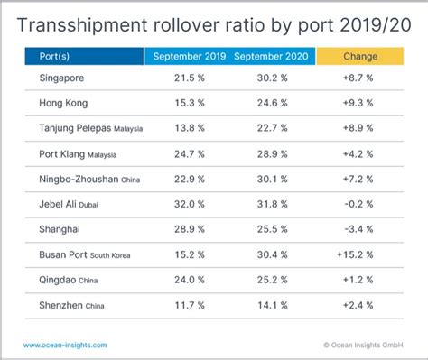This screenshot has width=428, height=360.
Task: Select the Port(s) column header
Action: tap(53, 57)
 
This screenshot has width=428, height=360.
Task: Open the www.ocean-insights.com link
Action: tap(65, 345)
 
